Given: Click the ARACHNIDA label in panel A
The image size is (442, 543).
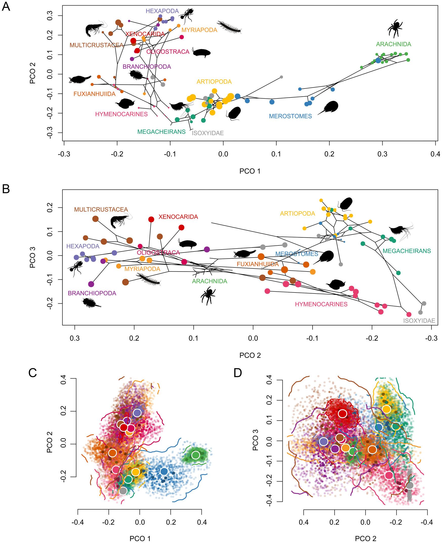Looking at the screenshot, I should [x=393, y=44].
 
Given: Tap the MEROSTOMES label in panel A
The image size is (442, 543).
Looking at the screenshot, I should [x=290, y=116].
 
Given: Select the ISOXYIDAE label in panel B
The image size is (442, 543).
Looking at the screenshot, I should [x=419, y=321].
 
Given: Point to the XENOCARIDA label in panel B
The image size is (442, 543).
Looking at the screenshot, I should [x=178, y=217].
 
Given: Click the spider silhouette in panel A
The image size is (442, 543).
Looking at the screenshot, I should [x=395, y=28].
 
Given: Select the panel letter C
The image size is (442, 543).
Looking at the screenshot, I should [x=33, y=373].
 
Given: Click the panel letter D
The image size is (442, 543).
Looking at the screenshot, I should [x=237, y=373].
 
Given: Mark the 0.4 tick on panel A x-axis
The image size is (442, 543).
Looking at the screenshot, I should [x=435, y=154].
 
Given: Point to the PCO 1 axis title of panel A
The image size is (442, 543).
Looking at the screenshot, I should [x=250, y=171].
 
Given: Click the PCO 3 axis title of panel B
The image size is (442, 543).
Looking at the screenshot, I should [x=33, y=257].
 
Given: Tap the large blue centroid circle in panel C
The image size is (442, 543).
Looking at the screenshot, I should [x=164, y=471].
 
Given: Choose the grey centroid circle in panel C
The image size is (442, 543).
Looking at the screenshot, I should [x=123, y=491].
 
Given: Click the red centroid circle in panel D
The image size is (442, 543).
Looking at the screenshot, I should [x=342, y=413].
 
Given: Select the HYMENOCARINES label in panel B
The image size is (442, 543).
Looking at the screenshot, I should [x=321, y=304].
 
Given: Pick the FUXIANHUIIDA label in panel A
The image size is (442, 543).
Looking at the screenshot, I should [x=95, y=94].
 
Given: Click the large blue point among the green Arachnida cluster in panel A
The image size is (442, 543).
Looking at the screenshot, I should [x=378, y=60].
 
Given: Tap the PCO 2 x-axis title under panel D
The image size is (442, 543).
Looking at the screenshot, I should [x=365, y=538].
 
